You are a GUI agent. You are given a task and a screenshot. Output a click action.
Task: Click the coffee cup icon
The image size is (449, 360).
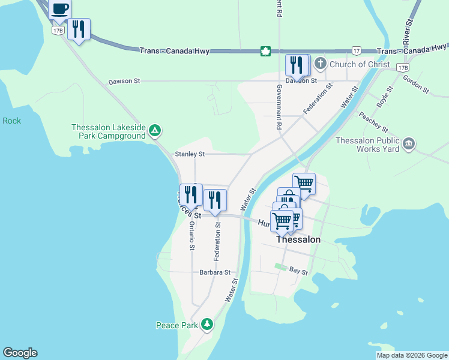click(x=59, y=9)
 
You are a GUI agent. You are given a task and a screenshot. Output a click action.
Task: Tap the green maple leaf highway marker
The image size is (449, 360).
click(x=265, y=51)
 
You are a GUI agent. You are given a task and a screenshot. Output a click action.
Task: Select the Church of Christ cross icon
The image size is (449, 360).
click(x=321, y=64)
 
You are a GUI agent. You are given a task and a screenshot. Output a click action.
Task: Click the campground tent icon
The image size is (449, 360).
click(x=155, y=130)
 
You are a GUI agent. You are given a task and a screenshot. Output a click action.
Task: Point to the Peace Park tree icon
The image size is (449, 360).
click(x=207, y=325)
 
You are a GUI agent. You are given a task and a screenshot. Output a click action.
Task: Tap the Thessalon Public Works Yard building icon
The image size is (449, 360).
click(x=409, y=143)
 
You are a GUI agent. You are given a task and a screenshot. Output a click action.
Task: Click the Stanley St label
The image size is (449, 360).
click(x=189, y=154)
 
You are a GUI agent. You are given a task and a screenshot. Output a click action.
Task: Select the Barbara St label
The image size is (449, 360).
click(x=215, y=272)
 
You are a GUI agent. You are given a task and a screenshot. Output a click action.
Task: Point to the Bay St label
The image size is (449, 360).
click(x=298, y=272)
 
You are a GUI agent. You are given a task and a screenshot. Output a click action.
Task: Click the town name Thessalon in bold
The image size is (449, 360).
click(x=298, y=239)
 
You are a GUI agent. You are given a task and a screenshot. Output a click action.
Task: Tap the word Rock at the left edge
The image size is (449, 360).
click(x=11, y=121)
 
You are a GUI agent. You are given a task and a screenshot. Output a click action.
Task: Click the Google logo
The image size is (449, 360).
click(x=20, y=353)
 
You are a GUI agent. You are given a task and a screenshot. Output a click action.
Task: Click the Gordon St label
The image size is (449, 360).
click(x=415, y=84)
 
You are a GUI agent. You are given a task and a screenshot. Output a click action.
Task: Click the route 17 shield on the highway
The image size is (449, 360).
click(x=357, y=51)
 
